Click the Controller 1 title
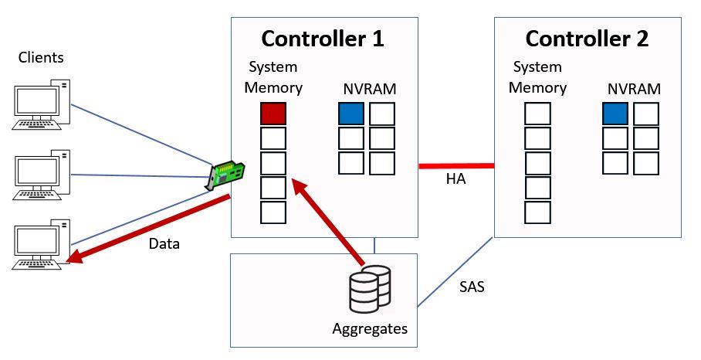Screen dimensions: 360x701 click(323, 39)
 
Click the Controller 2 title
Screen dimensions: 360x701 click(587, 39)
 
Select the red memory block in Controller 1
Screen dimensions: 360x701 click(273, 114)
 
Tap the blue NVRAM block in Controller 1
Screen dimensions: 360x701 click(351, 114)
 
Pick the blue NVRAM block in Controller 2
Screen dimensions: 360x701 click(615, 114)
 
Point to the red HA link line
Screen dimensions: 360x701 click(455, 165)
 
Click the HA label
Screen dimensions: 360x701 click(456, 181)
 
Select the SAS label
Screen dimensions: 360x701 click(472, 288)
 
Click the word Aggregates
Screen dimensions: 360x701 click(370, 328)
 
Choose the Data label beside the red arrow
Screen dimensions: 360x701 click(164, 243)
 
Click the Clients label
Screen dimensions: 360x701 click(41, 57)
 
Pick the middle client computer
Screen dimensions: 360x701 click(42, 175)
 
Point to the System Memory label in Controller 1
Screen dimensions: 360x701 click(273, 77)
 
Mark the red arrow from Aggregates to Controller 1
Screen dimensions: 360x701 click(328, 224)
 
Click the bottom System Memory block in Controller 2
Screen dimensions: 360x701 click(537, 212)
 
